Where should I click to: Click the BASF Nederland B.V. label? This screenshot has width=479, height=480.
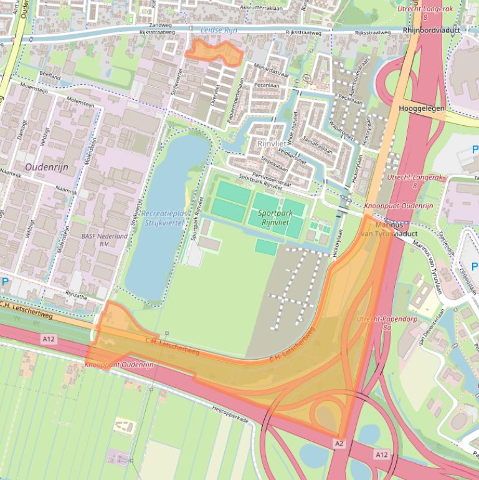(x=105, y=239)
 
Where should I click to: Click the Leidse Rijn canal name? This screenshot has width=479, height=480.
(x=219, y=29)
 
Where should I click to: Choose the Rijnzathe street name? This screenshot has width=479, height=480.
(x=81, y=297)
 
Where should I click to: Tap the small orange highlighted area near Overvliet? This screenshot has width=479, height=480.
(x=216, y=51)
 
